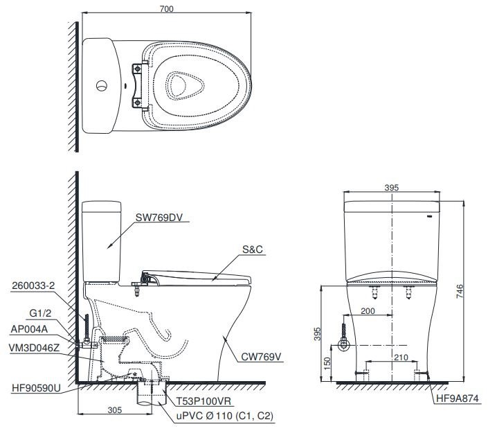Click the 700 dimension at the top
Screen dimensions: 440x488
click(166, 9)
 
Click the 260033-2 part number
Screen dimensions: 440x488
click(34, 284)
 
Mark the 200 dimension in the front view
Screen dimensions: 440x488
click(368, 311)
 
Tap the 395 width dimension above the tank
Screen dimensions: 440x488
click(391, 188)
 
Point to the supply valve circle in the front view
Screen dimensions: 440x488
click(342, 345)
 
